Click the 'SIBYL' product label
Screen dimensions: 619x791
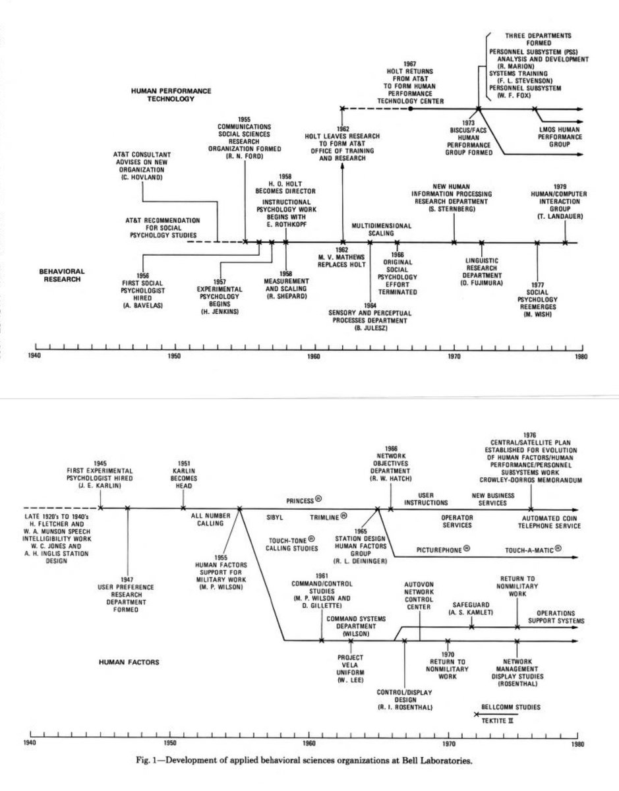276,517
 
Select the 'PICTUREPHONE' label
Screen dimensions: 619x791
443,548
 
